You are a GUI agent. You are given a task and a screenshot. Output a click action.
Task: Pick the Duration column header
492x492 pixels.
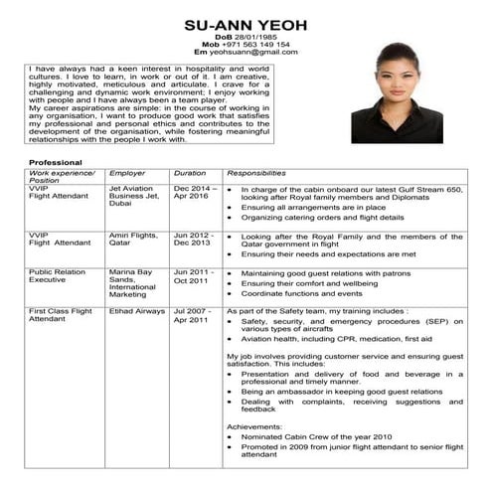tap(190, 172)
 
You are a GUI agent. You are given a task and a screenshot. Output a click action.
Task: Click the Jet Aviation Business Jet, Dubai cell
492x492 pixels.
tap(133, 196)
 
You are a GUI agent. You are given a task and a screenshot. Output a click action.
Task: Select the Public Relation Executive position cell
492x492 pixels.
tap(57, 276)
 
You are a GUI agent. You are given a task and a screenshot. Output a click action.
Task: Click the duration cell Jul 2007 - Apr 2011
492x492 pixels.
tap(192, 316)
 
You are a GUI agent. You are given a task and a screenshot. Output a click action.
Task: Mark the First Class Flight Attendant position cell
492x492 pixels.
tap(61, 316)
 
